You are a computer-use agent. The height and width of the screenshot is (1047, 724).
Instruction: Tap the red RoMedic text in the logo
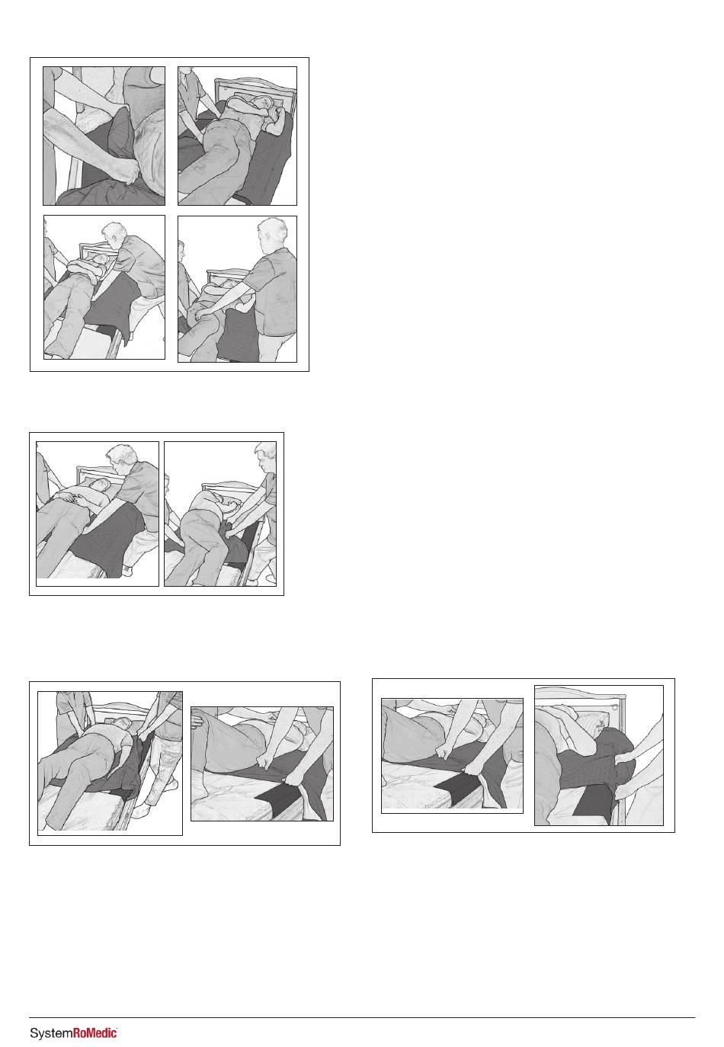95,1032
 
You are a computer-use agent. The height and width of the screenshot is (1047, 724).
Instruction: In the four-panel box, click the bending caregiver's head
113,238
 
